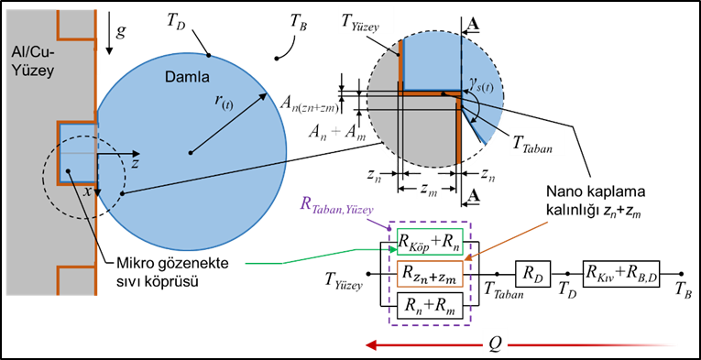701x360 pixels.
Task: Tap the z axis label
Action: (134, 162)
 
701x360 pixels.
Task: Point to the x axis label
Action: (87, 191)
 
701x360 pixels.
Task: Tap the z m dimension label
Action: (427, 189)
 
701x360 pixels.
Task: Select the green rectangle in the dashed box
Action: (430, 242)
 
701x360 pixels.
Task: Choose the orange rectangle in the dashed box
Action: (430, 274)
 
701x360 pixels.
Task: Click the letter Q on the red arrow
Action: (494, 344)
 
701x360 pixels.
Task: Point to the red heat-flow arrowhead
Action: (370, 345)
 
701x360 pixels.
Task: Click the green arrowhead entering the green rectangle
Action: (392, 249)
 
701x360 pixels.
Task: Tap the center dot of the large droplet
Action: (190, 151)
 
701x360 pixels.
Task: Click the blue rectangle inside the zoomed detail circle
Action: (430, 62)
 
